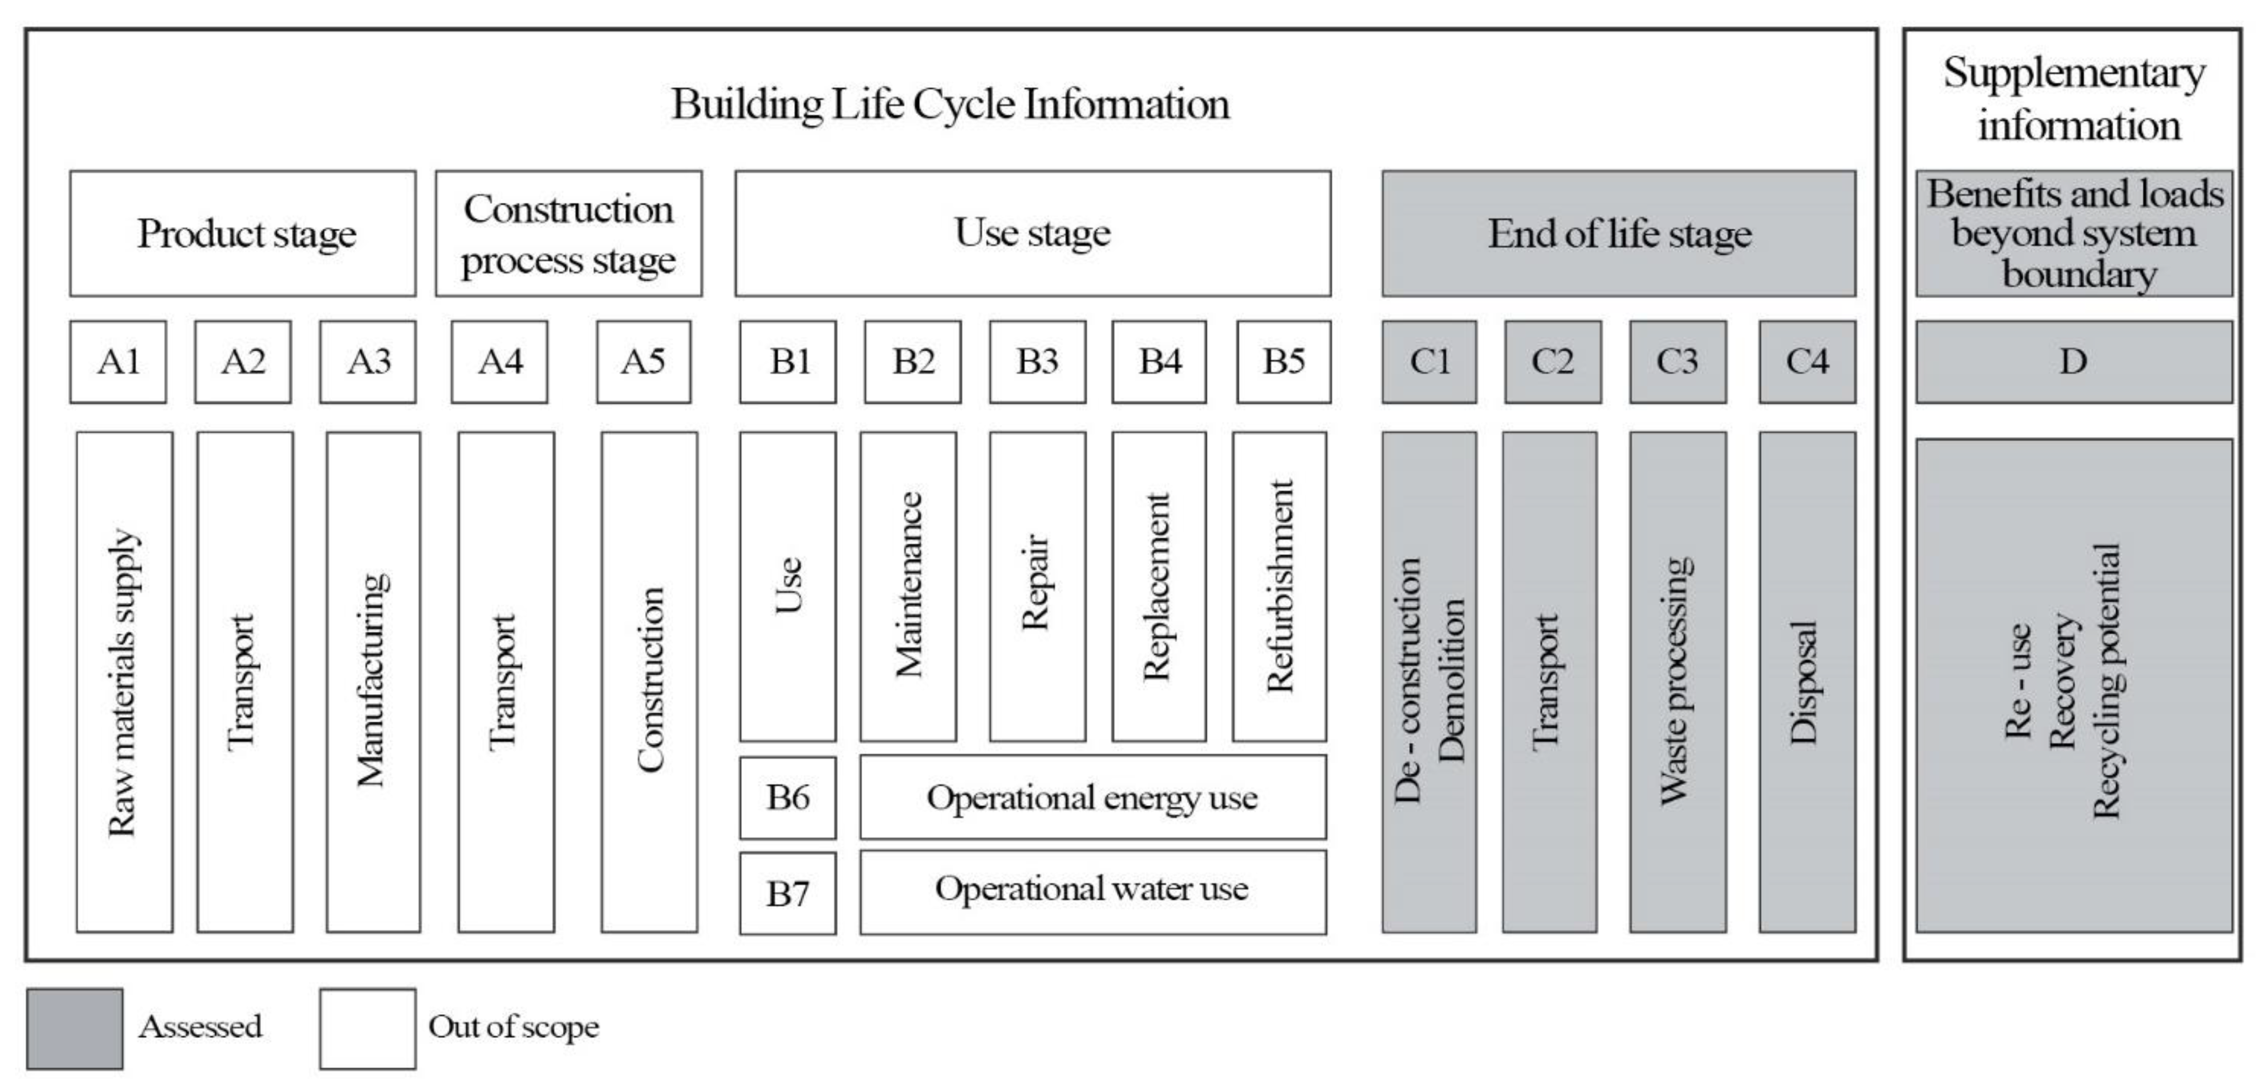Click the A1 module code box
click(x=118, y=362)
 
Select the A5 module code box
click(x=644, y=362)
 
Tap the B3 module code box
click(x=1037, y=362)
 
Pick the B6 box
click(x=788, y=797)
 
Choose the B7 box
click(x=788, y=893)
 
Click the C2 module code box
click(x=1553, y=362)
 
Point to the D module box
click(x=2073, y=362)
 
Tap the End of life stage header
click(x=1618, y=234)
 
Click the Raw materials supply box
click(x=124, y=681)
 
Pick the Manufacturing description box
click(x=373, y=681)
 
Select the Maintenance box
click(x=908, y=586)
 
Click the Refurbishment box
click(x=1279, y=586)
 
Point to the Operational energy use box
click(x=1093, y=797)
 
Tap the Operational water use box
click(x=1093, y=891)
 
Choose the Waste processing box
click(x=1677, y=681)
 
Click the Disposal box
click(x=1807, y=681)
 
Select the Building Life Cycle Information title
click(x=950, y=104)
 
